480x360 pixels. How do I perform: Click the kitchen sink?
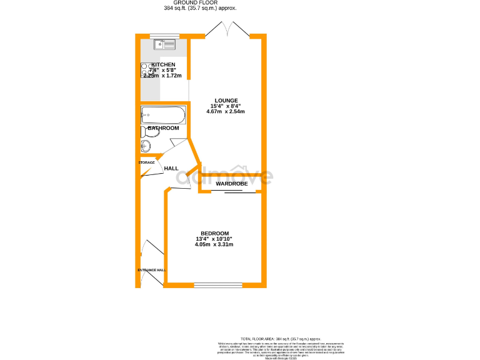coord(167,45)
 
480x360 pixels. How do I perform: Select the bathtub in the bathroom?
coord(163,114)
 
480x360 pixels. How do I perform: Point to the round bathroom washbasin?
coord(146,146)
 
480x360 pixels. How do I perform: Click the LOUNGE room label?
coord(226,100)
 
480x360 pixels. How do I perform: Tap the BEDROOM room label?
coord(214,233)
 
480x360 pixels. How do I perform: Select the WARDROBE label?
coord(232,184)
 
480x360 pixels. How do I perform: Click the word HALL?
coord(171,168)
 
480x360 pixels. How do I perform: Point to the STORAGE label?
coord(146,162)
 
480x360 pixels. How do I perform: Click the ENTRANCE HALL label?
coord(151,270)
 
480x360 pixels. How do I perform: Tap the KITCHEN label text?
coord(163,64)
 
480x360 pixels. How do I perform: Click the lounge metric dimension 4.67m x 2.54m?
coord(226,112)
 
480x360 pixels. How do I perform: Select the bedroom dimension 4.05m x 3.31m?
coord(214,244)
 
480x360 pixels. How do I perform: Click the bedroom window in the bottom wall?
coord(218,285)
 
